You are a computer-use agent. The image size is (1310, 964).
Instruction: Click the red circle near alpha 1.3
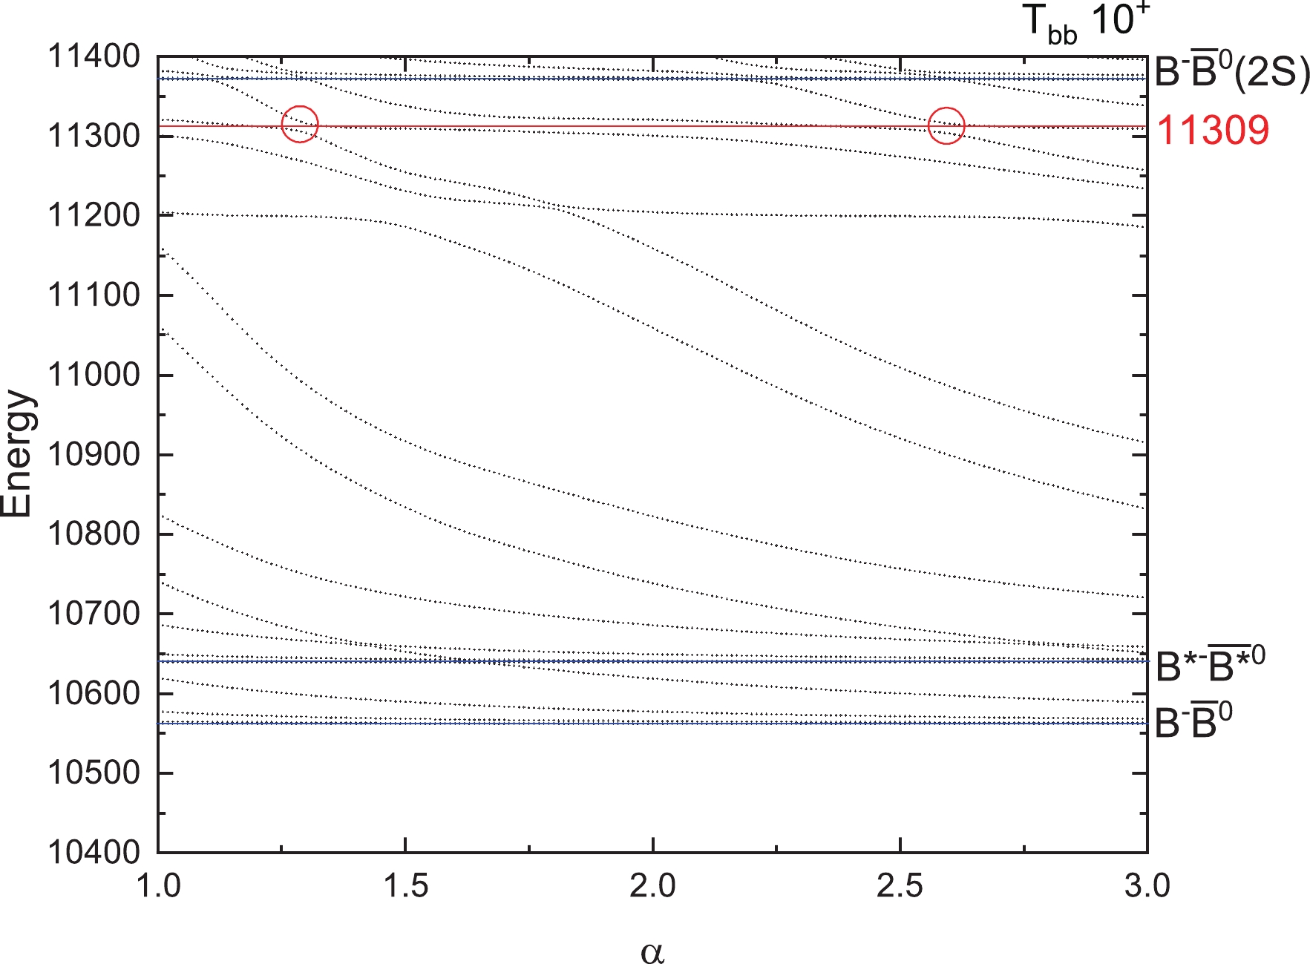click(x=300, y=124)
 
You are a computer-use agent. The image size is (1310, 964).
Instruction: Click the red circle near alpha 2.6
click(x=946, y=125)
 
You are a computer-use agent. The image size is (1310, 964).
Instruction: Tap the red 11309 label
click(x=1213, y=131)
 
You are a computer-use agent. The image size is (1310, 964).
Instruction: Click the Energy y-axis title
click(x=18, y=453)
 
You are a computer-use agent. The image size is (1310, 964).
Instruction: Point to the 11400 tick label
click(x=94, y=56)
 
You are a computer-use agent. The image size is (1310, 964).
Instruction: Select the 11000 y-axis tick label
click(x=94, y=375)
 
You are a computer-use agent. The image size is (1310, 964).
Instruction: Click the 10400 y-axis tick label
click(x=94, y=853)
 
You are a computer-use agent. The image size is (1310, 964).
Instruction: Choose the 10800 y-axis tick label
click(x=94, y=534)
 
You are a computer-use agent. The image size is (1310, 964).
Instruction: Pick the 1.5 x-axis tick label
click(x=405, y=886)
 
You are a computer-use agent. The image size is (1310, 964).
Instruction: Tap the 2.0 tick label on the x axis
click(x=652, y=886)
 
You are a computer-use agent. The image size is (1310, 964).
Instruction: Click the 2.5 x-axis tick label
click(x=900, y=886)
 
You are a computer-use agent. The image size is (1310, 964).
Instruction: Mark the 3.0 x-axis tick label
click(x=1147, y=886)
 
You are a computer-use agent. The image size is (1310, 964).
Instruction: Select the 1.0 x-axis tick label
click(x=159, y=886)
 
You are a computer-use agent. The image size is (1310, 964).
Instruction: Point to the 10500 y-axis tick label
click(x=94, y=773)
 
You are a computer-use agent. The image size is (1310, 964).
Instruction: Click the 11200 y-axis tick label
click(x=94, y=216)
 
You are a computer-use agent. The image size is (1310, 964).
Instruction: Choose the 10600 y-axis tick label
click(x=94, y=694)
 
